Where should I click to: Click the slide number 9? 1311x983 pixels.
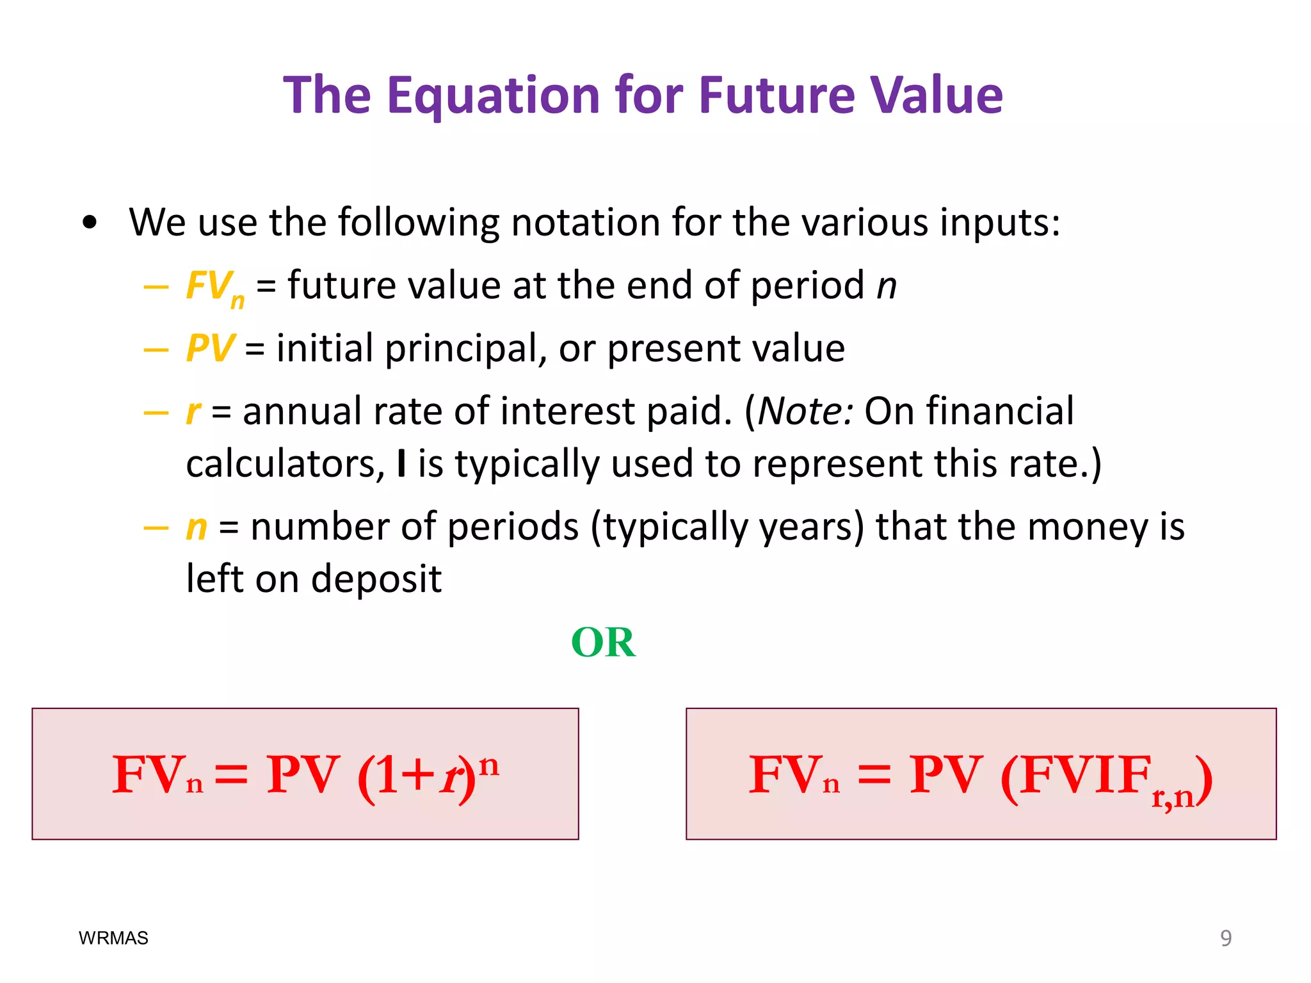click(x=1225, y=938)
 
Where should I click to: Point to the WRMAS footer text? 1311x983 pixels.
click(x=113, y=938)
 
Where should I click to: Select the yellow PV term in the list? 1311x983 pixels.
click(x=210, y=348)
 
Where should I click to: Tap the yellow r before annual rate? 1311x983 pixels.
click(x=193, y=412)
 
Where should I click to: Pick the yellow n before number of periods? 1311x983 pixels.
click(x=197, y=528)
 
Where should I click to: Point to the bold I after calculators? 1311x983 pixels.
click(x=401, y=463)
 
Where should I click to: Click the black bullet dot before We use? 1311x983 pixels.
click(x=90, y=223)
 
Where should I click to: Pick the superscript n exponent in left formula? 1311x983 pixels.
click(x=489, y=765)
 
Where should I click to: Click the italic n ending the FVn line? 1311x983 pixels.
click(x=887, y=286)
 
